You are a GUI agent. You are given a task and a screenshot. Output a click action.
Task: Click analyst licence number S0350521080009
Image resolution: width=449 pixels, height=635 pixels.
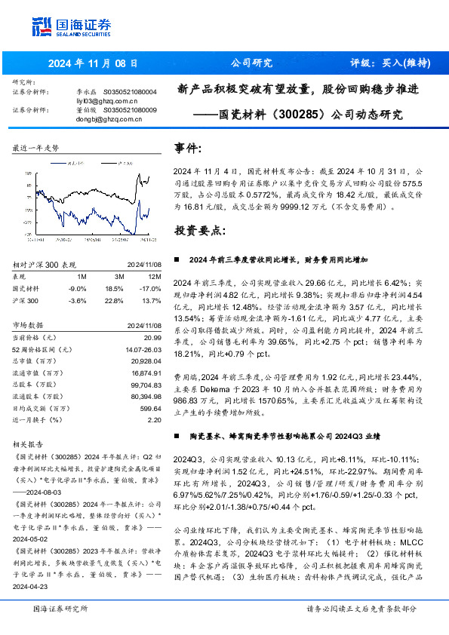[x=131, y=110]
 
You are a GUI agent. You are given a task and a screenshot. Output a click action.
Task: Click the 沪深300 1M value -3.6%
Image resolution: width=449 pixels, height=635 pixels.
[x=77, y=300]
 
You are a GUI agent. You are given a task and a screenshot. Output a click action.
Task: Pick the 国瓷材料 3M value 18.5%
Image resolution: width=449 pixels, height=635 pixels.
[x=115, y=288]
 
